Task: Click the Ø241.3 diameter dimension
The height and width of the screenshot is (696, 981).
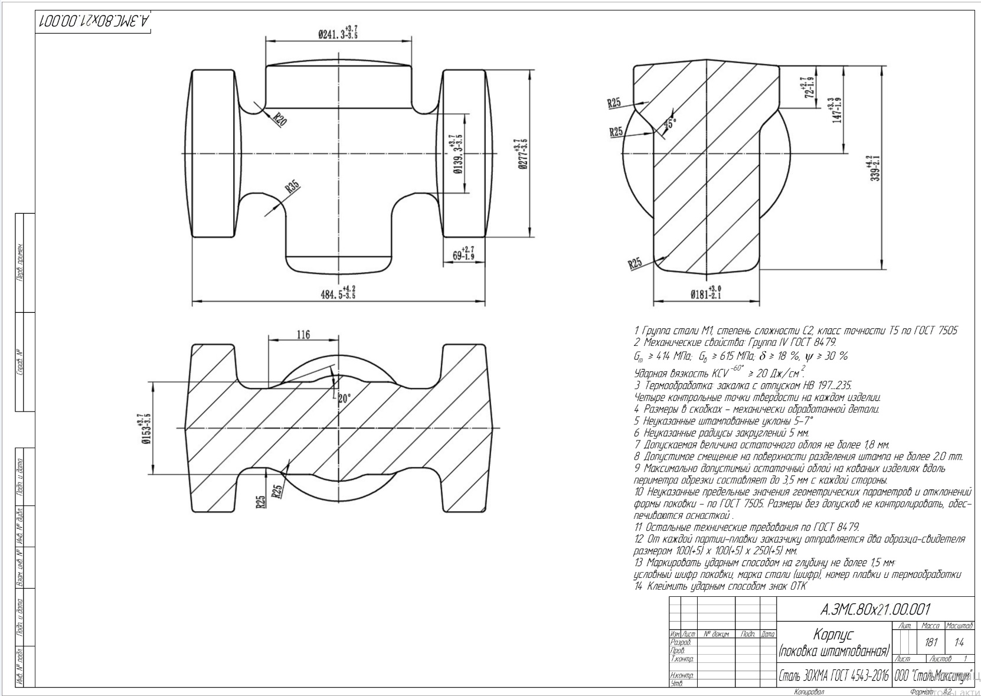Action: click(337, 33)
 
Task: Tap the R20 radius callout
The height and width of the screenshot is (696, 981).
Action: click(279, 120)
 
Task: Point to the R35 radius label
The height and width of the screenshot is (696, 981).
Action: click(293, 188)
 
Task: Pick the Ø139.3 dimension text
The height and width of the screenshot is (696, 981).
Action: click(456, 155)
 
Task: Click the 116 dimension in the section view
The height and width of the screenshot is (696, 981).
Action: click(303, 335)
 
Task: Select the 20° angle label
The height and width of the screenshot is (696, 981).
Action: click(344, 398)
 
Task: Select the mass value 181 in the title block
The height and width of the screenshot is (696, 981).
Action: click(931, 642)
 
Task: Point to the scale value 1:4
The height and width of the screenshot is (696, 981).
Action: click(959, 642)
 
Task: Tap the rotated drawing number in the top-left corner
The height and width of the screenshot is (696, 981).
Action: click(94, 22)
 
